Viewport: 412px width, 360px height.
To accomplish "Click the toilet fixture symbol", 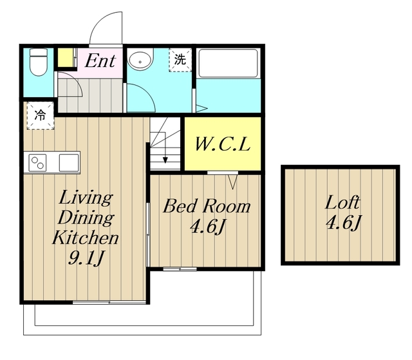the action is pos(39,62).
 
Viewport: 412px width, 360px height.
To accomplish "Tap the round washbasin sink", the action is pos(140,59).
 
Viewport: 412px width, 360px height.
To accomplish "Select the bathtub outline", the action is pos(228,63).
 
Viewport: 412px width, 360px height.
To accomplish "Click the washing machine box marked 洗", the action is pos(180,60).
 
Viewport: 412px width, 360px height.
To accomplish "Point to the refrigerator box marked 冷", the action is pos(41,116).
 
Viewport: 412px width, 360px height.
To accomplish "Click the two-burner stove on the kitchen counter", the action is pos(37,163).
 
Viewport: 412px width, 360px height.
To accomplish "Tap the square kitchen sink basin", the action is pos(69,163).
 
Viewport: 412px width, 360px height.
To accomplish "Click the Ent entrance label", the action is pos(100,61).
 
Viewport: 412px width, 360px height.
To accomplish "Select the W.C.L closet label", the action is pos(223,144).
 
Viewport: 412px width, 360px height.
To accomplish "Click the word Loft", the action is pos(342,202).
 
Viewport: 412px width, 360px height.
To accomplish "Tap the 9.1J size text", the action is pos(86,258).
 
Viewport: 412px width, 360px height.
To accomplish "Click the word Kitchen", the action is pos(86,238).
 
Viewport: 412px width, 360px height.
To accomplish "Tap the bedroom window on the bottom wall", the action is pos(180,269).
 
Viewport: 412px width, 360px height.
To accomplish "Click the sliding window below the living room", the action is pos(109,303).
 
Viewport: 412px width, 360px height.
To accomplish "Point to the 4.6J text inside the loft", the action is pos(344,223).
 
